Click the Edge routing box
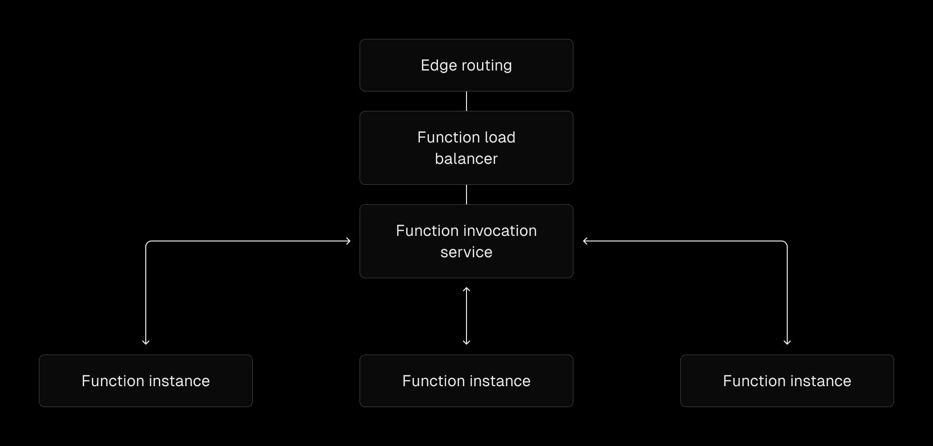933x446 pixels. click(x=466, y=65)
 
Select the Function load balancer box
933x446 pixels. click(x=466, y=148)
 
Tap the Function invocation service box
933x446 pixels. click(x=466, y=241)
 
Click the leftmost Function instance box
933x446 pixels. click(x=146, y=381)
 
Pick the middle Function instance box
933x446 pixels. click(x=466, y=381)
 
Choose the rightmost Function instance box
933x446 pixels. click(x=787, y=381)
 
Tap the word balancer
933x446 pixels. click(x=466, y=159)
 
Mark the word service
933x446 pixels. click(x=466, y=252)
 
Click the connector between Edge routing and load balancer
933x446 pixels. click(x=466, y=101)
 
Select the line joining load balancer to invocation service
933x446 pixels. click(x=466, y=195)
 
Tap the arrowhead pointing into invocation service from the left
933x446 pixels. click(x=348, y=241)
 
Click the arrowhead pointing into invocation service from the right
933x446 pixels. click(x=586, y=241)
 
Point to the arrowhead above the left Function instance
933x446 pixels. click(x=146, y=342)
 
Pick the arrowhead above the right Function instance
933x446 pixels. click(x=787, y=342)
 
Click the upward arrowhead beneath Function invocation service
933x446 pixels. click(x=466, y=290)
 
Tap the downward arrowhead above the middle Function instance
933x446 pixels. click(x=466, y=342)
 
